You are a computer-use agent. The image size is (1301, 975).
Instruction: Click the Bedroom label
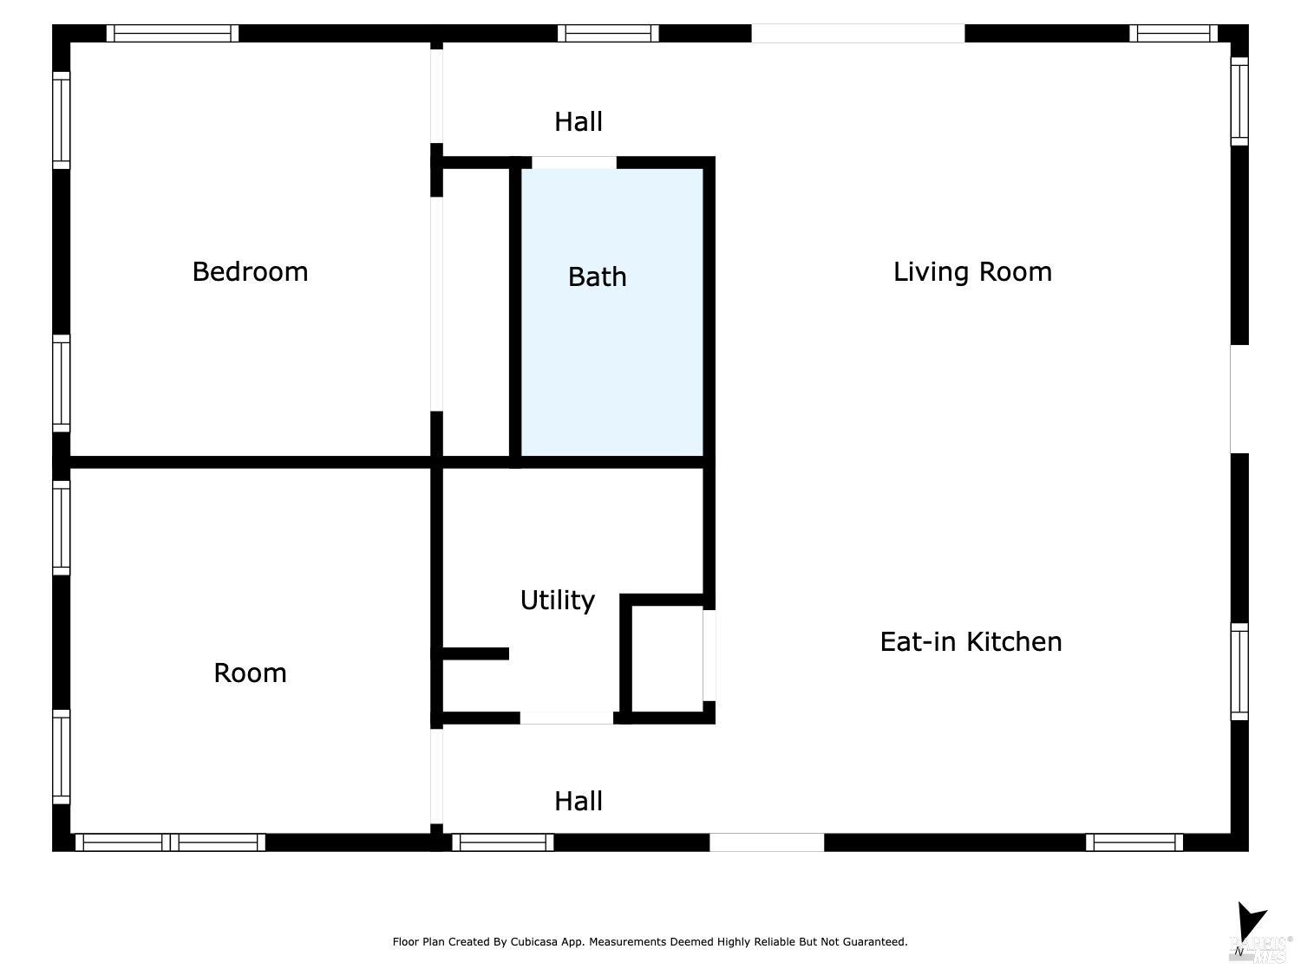pos(250,272)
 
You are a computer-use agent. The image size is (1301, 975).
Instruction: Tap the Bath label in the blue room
pos(597,277)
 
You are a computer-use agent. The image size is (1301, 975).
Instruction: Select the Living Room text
pos(972,272)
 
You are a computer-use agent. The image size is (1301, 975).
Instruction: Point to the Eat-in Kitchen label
pos(971,642)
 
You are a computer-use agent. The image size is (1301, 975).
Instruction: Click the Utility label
pos(557,601)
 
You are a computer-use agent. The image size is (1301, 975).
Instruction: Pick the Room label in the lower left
pos(250,673)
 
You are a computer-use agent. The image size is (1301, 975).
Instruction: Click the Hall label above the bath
pos(579,122)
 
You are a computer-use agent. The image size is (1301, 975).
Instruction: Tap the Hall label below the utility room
pos(579,802)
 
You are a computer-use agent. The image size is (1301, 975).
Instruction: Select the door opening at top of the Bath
pos(573,163)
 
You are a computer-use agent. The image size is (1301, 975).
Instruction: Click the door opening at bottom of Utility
pos(566,718)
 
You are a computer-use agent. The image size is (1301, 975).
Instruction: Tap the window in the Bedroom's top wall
pos(173,34)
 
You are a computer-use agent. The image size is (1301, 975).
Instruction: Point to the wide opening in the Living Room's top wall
pos(857,34)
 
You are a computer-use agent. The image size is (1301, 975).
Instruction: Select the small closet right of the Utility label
pos(667,659)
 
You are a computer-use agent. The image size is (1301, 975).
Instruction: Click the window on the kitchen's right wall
pos(1239,671)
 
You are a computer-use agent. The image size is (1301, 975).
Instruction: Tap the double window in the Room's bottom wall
pos(170,842)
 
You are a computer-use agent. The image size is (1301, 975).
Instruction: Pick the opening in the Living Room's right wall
pos(1239,399)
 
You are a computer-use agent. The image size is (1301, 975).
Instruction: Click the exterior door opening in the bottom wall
pos(767,842)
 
